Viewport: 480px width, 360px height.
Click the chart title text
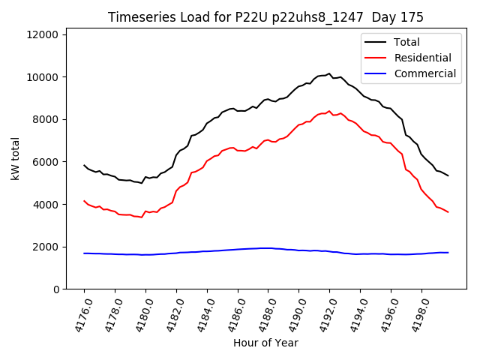265,17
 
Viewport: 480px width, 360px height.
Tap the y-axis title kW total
16,159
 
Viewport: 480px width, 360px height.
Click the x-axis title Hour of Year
265,343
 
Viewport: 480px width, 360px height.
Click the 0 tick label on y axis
56,289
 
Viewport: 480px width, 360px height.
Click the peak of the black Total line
329,73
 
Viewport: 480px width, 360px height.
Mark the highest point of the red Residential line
329,111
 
